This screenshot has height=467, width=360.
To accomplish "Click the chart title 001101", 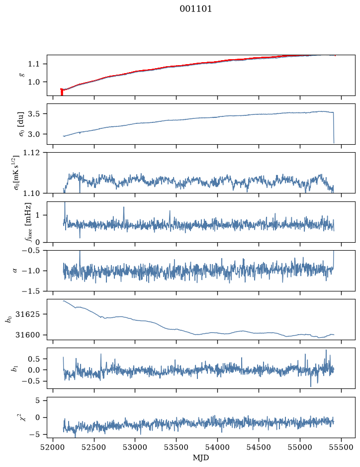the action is pyautogui.click(x=195, y=9).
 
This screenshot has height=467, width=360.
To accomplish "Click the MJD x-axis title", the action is pyautogui.click(x=201, y=458).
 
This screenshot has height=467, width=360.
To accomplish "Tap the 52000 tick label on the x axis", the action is pyautogui.click(x=53, y=448).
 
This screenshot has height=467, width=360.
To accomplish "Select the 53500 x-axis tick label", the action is pyautogui.click(x=177, y=448).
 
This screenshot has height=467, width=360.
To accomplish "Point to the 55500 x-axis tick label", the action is pyautogui.click(x=341, y=448).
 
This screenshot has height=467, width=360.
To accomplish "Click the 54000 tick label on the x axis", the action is pyautogui.click(x=217, y=448).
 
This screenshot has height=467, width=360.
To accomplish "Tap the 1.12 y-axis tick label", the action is pyautogui.click(x=31, y=153).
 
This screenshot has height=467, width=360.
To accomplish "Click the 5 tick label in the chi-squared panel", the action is pyautogui.click(x=37, y=400).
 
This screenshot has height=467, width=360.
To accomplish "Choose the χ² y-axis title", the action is pyautogui.click(x=23, y=417).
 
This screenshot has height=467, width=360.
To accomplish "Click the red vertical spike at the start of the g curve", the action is pyautogui.click(x=62, y=92).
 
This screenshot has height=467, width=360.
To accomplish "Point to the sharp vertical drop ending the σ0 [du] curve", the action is pyautogui.click(x=334, y=128).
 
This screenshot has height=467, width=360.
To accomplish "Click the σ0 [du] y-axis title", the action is pyautogui.click(x=21, y=124).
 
